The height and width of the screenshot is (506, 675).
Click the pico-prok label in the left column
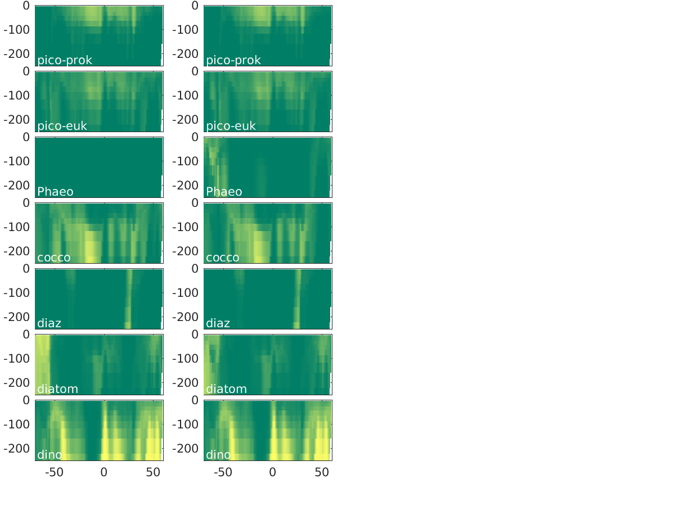coord(65,60)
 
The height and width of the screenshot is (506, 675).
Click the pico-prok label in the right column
coord(233,60)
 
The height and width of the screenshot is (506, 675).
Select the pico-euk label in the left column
coord(62,126)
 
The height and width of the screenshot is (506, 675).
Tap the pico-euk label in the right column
coord(231,126)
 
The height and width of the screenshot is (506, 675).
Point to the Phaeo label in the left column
coord(55,192)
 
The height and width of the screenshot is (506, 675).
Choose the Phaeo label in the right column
coord(224,192)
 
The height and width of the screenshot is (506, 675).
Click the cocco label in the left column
coord(54,257)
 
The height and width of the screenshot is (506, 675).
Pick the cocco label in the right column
coord(223,257)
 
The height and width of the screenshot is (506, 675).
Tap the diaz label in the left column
coord(49,323)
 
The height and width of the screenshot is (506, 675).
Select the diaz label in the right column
coord(218,323)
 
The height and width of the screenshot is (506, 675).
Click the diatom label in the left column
coord(57,389)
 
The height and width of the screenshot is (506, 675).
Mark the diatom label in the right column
coord(226,389)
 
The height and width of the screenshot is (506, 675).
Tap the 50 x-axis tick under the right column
coord(322,472)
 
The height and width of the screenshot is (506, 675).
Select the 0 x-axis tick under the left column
coord(103,472)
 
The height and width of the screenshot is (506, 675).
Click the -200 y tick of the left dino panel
coord(16,449)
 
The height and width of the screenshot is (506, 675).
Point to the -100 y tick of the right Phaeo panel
coord(185,161)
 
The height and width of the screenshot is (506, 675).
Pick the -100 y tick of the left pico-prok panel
coord(16,30)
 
